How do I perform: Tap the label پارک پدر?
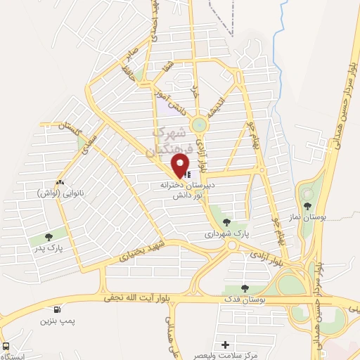tap(46, 248)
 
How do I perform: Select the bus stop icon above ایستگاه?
tap(6, 347)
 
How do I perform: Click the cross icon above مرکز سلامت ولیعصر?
tap(225, 345)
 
